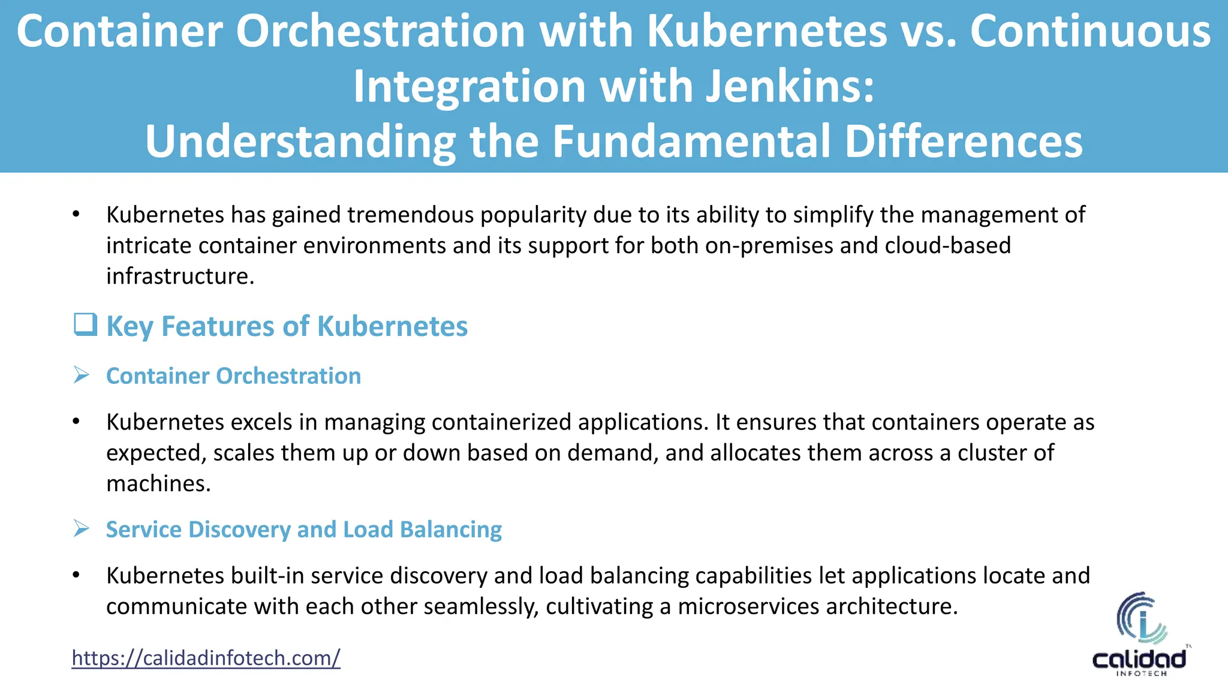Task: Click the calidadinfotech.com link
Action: tap(206, 658)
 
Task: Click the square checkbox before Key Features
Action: tap(85, 325)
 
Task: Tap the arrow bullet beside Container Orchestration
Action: tap(81, 375)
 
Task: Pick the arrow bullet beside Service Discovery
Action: tap(81, 529)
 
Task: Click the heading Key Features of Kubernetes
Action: tap(287, 326)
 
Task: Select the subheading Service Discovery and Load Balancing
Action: tap(304, 530)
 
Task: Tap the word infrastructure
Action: tap(180, 276)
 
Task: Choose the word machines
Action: tap(158, 483)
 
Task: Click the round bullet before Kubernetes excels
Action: tap(76, 422)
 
